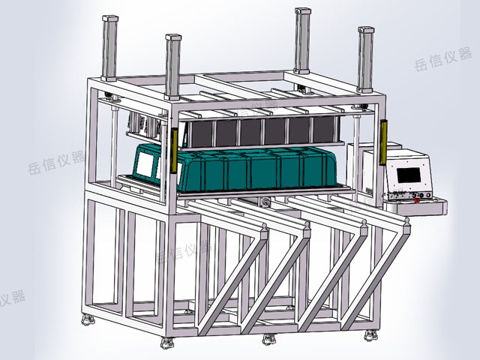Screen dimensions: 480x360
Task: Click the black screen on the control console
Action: tap(408, 175)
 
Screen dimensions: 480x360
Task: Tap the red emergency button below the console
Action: tap(417, 201)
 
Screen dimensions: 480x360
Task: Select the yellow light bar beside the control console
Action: tap(383, 142)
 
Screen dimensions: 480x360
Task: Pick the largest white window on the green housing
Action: tap(144, 164)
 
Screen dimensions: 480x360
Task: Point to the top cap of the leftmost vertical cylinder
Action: tap(110, 19)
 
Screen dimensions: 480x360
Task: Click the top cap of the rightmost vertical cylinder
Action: tap(366, 30)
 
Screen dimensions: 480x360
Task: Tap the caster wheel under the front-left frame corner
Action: tap(167, 343)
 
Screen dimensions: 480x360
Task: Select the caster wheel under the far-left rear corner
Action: tap(88, 320)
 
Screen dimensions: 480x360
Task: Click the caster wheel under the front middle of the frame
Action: tap(269, 339)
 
